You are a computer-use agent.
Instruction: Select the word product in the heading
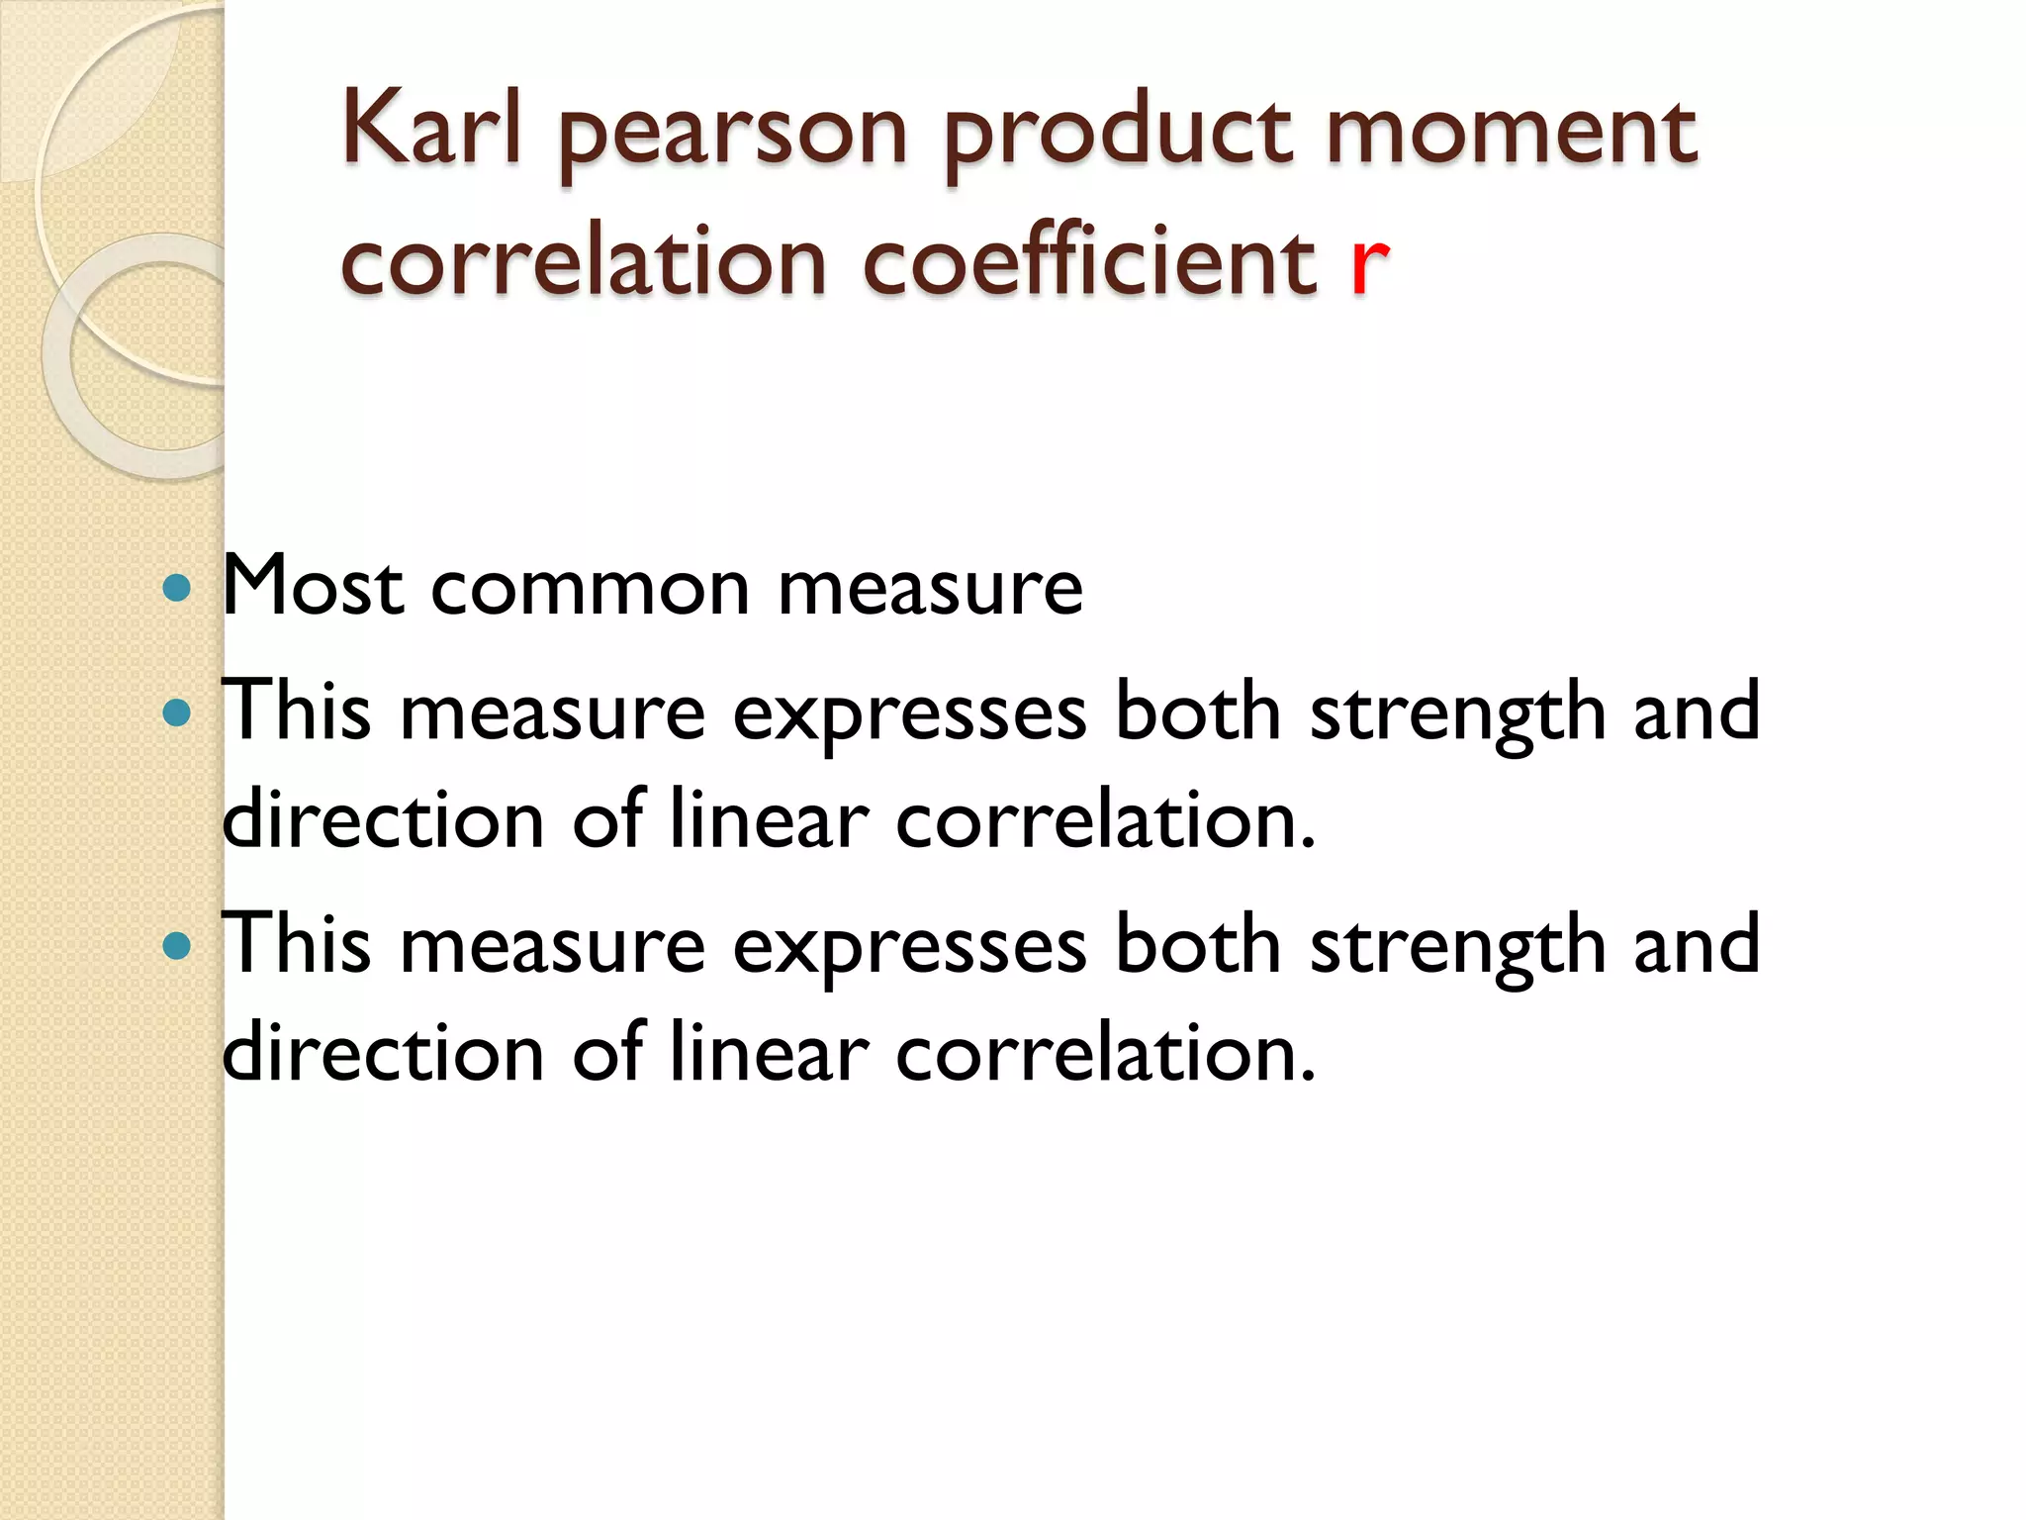(1118, 134)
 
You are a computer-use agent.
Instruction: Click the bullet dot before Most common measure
(176, 589)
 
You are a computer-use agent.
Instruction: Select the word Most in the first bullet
(313, 587)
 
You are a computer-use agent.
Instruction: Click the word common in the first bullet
(590, 589)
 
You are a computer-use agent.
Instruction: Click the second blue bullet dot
(176, 712)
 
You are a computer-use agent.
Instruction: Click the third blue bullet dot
(176, 945)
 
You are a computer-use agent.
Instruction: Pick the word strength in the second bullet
(1457, 714)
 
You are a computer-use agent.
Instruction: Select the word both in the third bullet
(1198, 945)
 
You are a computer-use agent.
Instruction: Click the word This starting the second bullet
(296, 711)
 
